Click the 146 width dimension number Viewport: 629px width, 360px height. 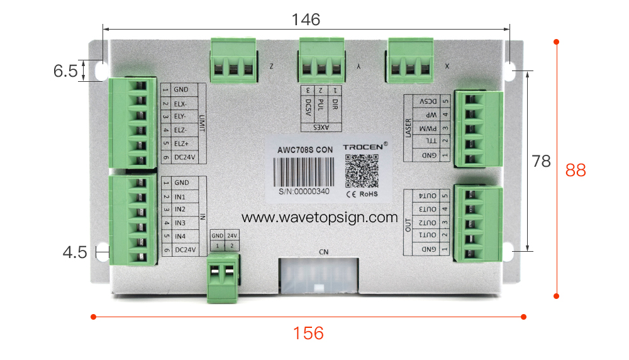tap(306, 20)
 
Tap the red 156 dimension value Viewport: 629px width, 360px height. tap(309, 333)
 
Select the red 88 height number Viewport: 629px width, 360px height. tap(576, 170)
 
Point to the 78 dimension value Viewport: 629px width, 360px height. tap(542, 162)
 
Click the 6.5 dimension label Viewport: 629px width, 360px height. tap(65, 71)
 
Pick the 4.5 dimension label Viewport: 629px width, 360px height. tap(75, 252)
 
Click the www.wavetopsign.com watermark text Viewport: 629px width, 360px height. tap(320, 217)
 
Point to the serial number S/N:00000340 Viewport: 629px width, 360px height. tap(304, 190)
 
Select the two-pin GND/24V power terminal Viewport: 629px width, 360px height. tap(224, 277)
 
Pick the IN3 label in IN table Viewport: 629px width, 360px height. tap(181, 222)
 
